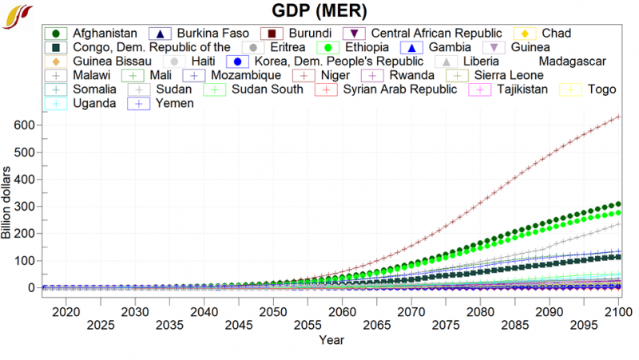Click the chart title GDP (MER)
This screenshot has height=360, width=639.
click(x=319, y=11)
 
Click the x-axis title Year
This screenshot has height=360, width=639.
click(x=331, y=340)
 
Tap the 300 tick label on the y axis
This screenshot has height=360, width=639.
click(x=24, y=207)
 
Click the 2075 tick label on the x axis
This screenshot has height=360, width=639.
click(x=445, y=325)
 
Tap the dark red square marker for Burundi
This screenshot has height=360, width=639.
click(x=272, y=34)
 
